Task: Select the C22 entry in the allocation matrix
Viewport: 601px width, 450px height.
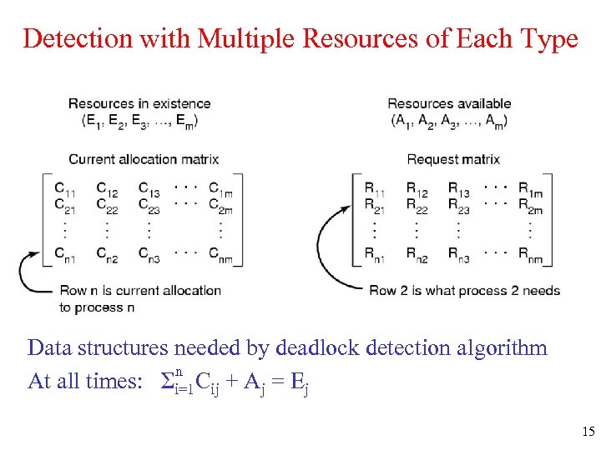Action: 106,204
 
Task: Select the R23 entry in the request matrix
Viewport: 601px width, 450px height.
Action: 458,204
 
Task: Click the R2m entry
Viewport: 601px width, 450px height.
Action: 530,204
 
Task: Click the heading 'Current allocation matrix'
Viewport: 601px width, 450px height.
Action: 144,159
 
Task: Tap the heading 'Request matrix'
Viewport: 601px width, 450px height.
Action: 453,159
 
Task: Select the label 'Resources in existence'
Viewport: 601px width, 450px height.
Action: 139,104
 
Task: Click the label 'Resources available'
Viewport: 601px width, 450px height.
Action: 449,104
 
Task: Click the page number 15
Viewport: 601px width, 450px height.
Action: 587,432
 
